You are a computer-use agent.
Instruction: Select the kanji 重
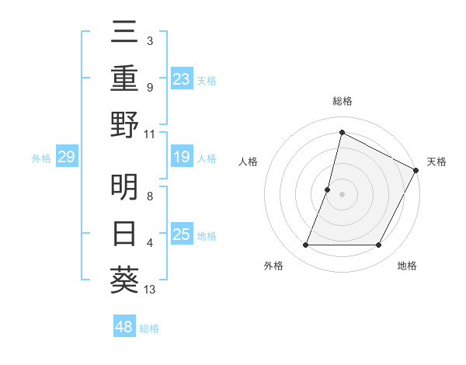click(125, 78)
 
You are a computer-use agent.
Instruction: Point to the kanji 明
click(125, 187)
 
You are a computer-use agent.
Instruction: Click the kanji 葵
click(125, 280)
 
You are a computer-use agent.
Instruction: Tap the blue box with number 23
click(181, 78)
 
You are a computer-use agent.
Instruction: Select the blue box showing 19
click(181, 157)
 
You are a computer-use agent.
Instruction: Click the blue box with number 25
click(181, 235)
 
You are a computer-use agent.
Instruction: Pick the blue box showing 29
click(66, 158)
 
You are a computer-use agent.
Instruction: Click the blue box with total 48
click(123, 327)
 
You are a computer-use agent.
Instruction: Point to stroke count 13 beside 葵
click(150, 290)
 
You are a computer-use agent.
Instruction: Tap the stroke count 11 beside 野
click(150, 134)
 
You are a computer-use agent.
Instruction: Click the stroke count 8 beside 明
click(150, 197)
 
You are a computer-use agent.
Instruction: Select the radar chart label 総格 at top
click(342, 101)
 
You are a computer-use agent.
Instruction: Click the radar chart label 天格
click(436, 162)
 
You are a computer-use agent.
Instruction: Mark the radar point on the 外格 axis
click(305, 245)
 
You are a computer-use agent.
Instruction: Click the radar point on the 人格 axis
click(328, 189)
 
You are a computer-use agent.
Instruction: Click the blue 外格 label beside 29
click(41, 158)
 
